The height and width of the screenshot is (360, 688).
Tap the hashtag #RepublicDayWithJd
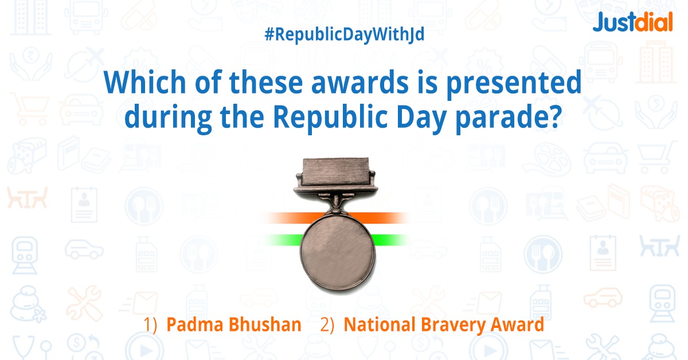[344, 36]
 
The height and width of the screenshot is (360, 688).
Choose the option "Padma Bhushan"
[233, 325]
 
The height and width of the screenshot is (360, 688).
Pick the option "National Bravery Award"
[443, 325]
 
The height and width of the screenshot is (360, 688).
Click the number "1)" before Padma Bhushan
[151, 325]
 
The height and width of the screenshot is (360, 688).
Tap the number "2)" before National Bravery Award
[327, 325]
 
